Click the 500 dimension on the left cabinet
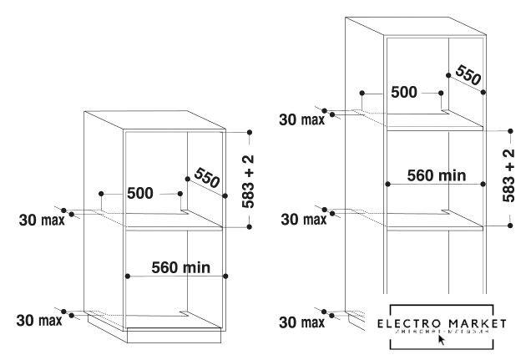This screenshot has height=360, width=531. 140,194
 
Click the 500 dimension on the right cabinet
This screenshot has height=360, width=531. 405,92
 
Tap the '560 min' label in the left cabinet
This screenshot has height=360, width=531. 180,268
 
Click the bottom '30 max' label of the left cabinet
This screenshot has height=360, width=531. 35,321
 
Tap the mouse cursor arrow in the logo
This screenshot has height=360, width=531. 441,340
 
